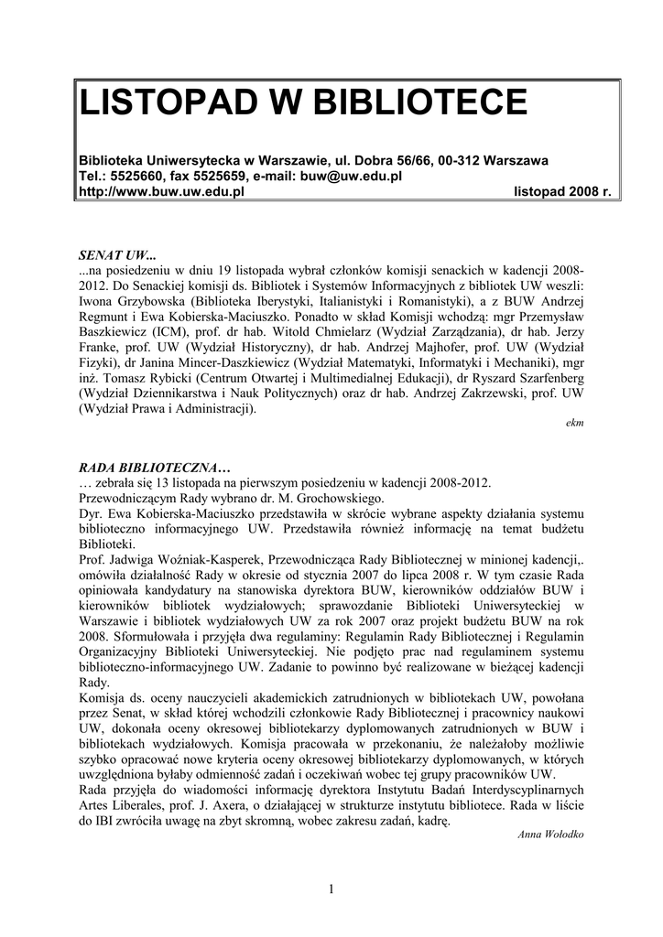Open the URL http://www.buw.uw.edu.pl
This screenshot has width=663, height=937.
[160, 191]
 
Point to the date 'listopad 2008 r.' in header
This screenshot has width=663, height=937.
[562, 191]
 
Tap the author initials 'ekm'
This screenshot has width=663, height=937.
[576, 424]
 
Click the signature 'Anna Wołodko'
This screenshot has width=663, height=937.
[550, 835]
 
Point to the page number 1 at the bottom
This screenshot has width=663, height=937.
[331, 890]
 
